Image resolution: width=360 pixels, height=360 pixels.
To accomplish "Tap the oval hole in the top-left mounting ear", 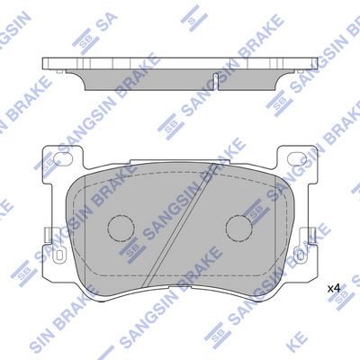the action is (63, 158).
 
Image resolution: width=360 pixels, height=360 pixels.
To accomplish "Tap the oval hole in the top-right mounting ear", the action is (297, 158).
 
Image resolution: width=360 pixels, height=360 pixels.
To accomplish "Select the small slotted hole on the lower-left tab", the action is (58, 255).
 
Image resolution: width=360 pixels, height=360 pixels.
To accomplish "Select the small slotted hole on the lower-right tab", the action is (301, 255).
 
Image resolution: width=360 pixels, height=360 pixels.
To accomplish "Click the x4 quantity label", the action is (334, 289).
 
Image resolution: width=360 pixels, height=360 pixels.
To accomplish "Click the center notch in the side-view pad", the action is (216, 80).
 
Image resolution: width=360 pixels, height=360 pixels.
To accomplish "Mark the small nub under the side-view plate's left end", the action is (60, 71).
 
